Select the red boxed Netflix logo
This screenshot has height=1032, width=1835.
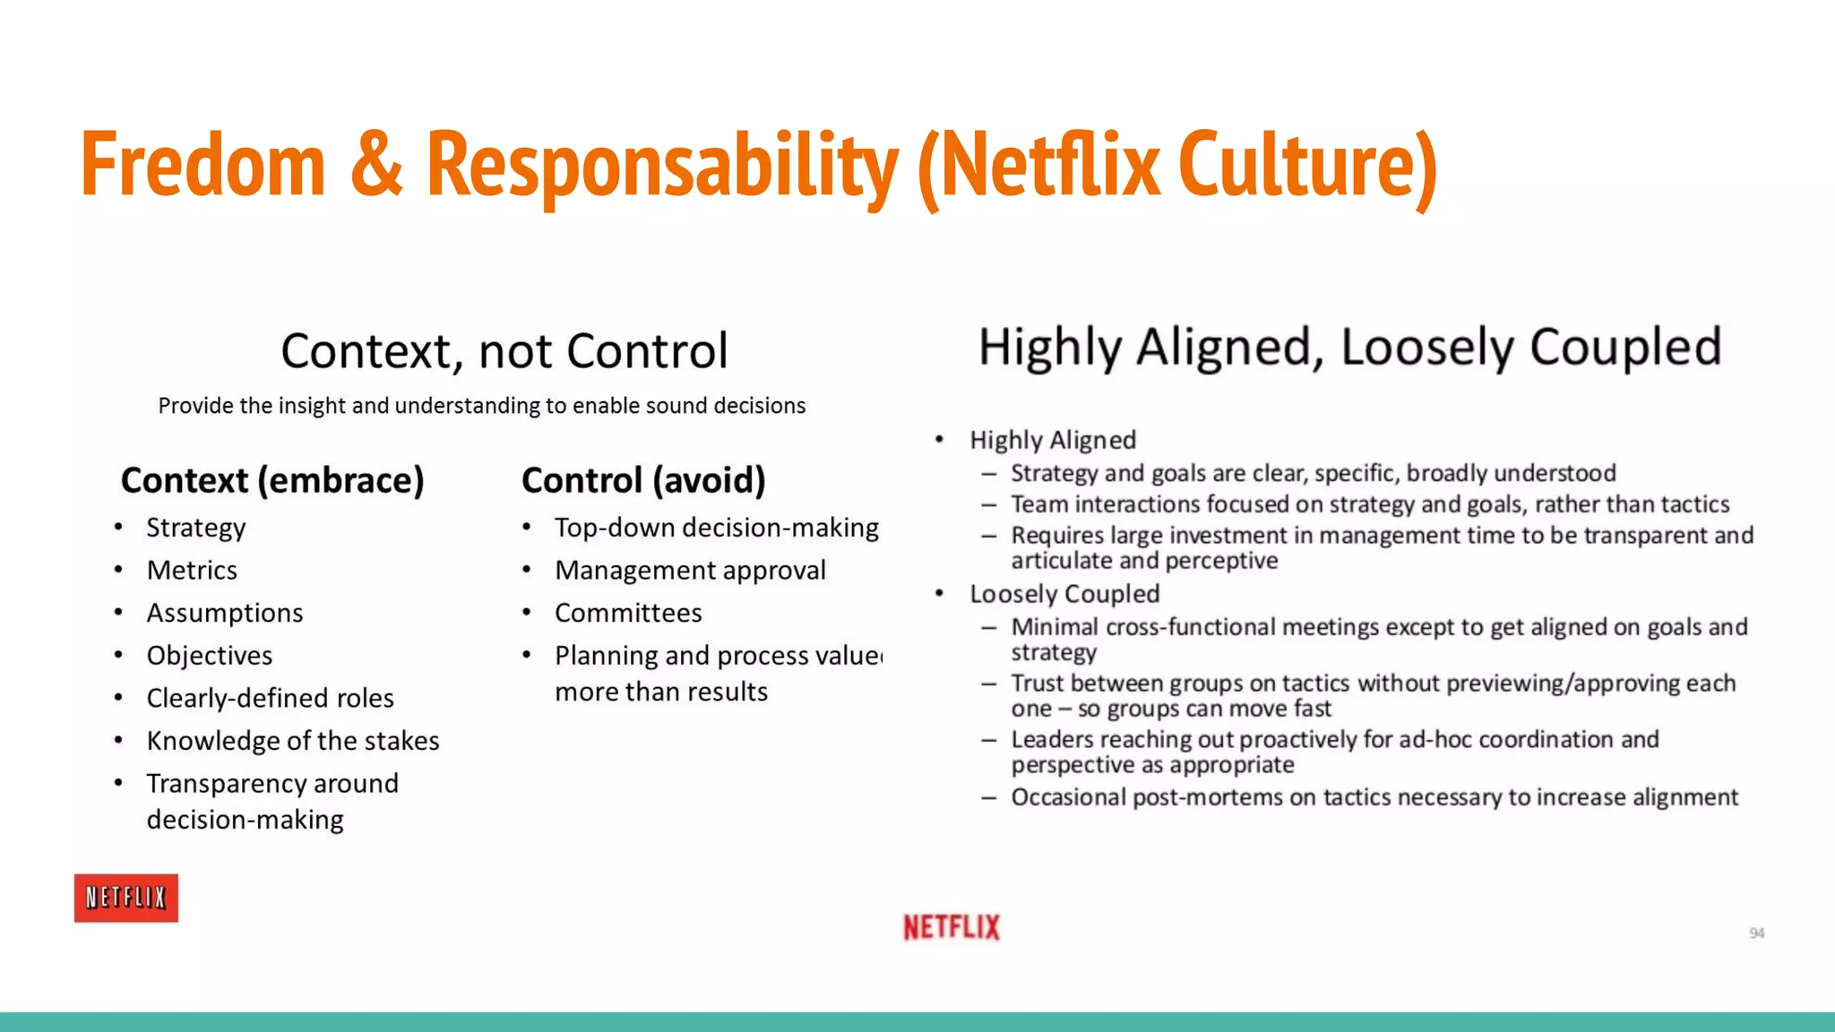125,898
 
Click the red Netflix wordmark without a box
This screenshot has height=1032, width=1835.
951,927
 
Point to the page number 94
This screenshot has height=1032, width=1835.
1756,933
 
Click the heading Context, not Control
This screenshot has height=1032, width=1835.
504,350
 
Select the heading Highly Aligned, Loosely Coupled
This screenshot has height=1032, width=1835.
1349,347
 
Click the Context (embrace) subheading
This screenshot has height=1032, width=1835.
271,480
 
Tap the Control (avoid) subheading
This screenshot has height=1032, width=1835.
643,480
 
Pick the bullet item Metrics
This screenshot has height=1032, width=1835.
192,571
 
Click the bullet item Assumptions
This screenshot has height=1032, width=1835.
225,613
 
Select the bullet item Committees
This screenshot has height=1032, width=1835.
628,613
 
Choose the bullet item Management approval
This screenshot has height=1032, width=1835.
690,571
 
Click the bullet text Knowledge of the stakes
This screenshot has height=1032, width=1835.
293,741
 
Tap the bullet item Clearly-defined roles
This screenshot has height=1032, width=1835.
270,698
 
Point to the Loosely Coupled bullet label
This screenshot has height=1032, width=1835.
1064,594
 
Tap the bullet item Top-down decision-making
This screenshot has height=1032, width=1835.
716,528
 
